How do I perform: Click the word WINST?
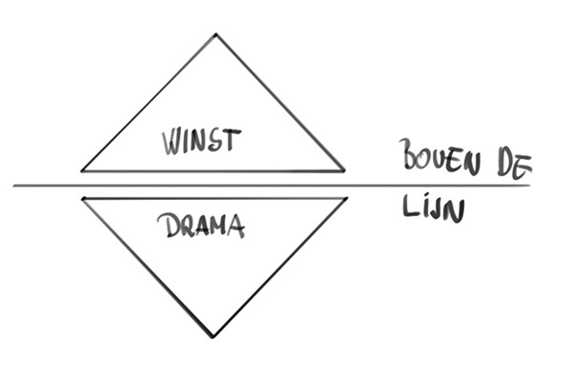[x=201, y=142]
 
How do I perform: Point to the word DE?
[x=513, y=162]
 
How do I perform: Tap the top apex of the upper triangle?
[x=215, y=35]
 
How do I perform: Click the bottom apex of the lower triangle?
[x=214, y=336]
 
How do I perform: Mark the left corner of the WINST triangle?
[x=82, y=170]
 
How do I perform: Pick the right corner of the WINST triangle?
[x=344, y=170]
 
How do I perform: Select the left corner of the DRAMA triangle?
[x=83, y=198]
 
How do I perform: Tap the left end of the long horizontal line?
[x=13, y=185]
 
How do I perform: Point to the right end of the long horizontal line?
[x=530, y=185]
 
